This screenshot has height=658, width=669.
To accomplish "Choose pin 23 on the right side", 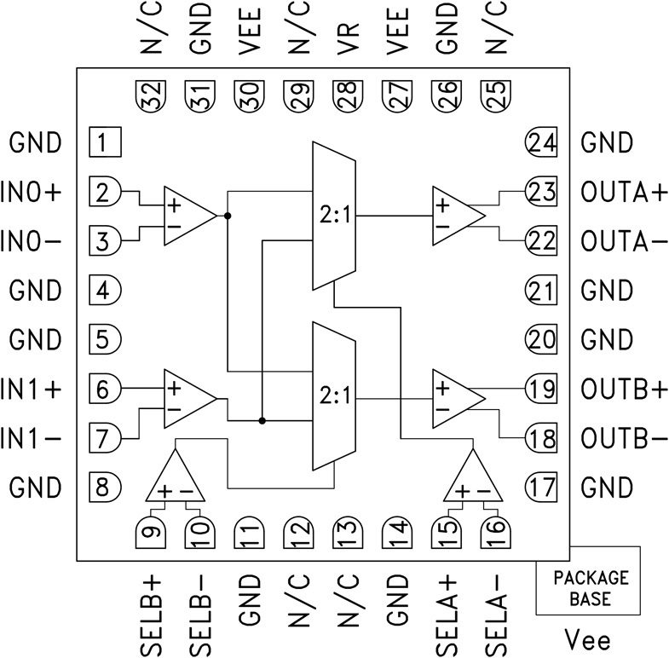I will click(540, 192).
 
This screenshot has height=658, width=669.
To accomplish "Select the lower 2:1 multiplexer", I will click(334, 396).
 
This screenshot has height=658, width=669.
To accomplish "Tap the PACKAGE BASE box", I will click(588, 588).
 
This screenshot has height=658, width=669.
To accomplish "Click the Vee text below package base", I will click(588, 639).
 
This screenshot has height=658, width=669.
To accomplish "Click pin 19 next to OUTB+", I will click(540, 390).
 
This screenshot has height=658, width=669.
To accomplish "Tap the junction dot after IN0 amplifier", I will click(228, 216).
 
